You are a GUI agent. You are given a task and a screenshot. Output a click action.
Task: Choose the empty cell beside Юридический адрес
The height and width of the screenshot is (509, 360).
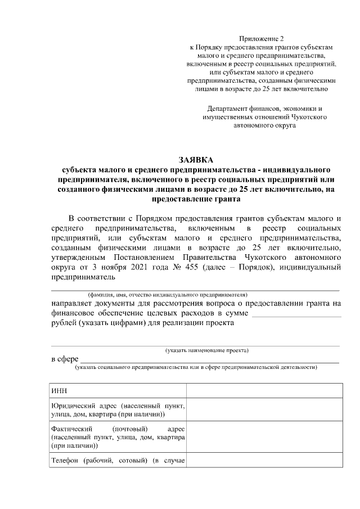tap(263, 410)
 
